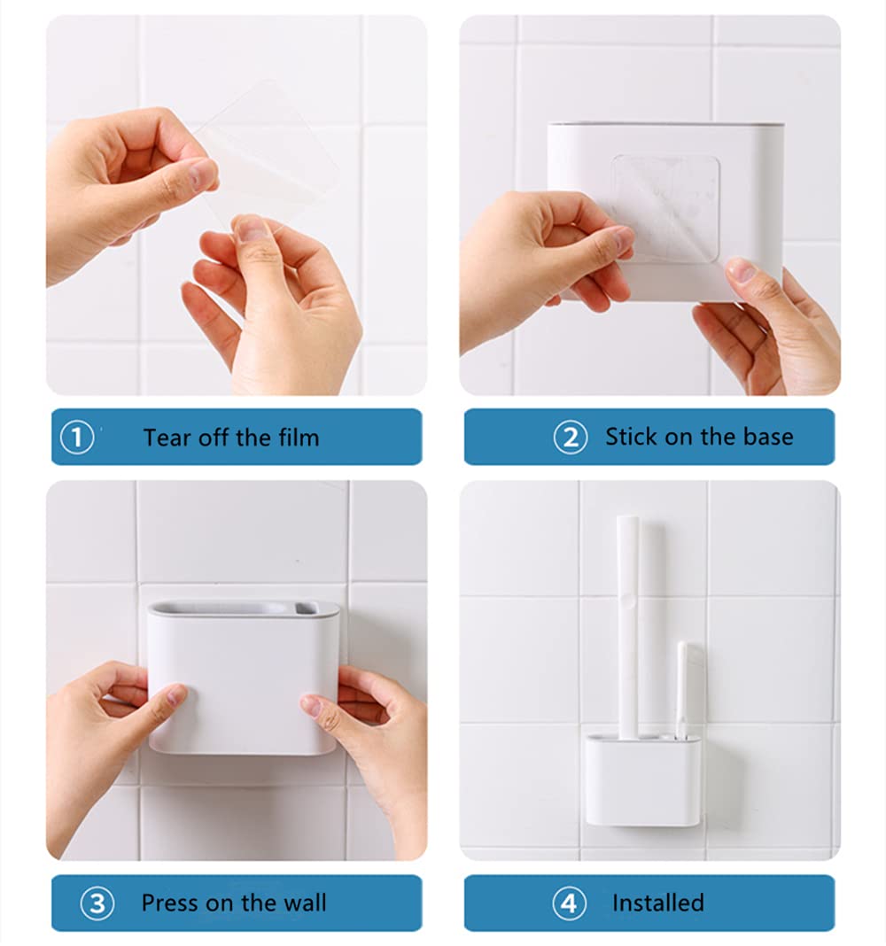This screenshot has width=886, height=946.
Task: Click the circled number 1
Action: click(x=77, y=438)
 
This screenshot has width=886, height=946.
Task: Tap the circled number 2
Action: click(x=571, y=438)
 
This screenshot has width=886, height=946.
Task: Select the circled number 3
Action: click(x=97, y=903)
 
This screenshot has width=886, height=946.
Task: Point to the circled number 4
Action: click(x=569, y=903)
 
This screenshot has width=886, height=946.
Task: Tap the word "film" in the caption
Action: click(x=299, y=438)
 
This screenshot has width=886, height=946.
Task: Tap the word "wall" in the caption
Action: click(x=305, y=903)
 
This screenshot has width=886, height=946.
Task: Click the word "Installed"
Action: click(x=658, y=903)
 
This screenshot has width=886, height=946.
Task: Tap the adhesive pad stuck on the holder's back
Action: click(x=665, y=208)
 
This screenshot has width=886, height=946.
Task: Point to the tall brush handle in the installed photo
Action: click(x=627, y=627)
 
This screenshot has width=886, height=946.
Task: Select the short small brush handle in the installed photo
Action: click(x=682, y=690)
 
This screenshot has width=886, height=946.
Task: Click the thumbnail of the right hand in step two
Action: click(x=742, y=271)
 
